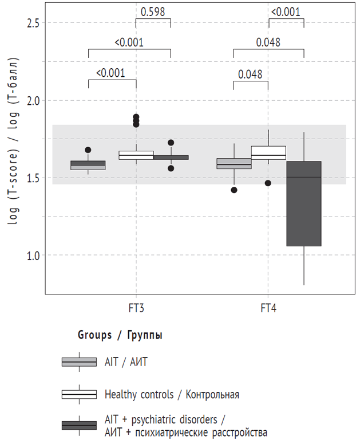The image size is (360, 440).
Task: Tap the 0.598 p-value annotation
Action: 153,11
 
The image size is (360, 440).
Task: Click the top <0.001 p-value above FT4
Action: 286,11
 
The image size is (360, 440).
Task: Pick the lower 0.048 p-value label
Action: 250,74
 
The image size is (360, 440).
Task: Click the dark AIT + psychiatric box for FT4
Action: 303,203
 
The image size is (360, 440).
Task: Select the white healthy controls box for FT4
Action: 268,152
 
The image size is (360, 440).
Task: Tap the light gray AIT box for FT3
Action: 88,165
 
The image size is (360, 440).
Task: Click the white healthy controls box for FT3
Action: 136,155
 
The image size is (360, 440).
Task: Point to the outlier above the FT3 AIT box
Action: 88,150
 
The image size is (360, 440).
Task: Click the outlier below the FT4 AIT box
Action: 234,190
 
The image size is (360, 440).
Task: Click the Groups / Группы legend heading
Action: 120,336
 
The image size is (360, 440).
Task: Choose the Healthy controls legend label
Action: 172,394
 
